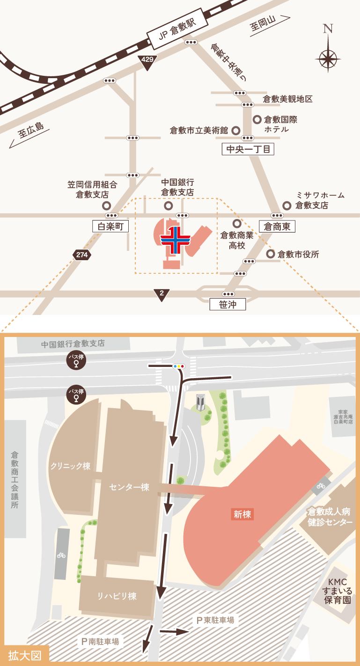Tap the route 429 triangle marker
[147, 61]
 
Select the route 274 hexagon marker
[82, 255]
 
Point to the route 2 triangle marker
[162, 294]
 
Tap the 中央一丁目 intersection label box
[248, 149]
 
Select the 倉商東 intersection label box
[277, 227]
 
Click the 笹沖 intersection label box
[228, 305]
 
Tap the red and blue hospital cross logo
[175, 240]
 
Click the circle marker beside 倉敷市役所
[271, 254]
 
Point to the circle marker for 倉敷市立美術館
[236, 131]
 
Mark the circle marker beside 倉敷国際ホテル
[257, 120]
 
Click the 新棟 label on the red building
[242, 514]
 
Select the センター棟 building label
[129, 487]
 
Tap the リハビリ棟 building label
[117, 596]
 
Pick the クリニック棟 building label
[70, 466]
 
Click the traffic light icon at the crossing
[179, 366]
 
